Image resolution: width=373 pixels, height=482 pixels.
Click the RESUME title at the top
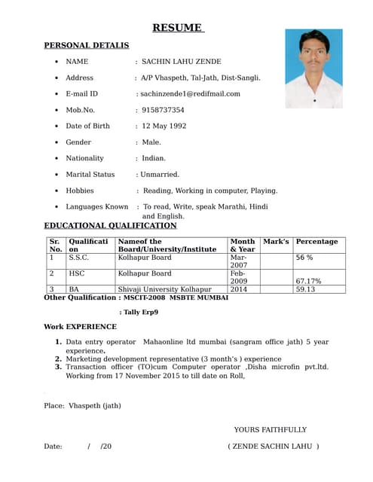pyautogui.click(x=178, y=28)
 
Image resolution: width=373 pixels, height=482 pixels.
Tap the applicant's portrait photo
pyautogui.click(x=313, y=68)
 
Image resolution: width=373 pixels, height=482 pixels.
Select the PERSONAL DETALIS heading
pyautogui.click(x=86, y=46)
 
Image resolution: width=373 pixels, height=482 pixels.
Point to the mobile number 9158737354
pyautogui.click(x=163, y=110)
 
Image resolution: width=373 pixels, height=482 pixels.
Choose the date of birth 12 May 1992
pyautogui.click(x=164, y=126)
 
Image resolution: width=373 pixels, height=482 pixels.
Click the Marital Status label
pyautogui.click(x=90, y=174)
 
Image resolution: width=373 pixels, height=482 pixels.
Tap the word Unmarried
pyautogui.click(x=158, y=174)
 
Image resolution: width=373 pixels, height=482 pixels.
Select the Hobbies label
pyautogui.click(x=80, y=191)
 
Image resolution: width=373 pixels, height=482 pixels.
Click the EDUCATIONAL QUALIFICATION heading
pyautogui.click(x=110, y=225)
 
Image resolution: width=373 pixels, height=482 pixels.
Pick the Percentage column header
pyautogui.click(x=316, y=242)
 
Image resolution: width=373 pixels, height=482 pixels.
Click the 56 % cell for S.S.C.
pyautogui.click(x=304, y=258)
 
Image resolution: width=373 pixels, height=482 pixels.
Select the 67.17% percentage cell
pyautogui.click(x=309, y=281)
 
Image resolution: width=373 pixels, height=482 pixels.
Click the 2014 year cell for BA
pyautogui.click(x=239, y=289)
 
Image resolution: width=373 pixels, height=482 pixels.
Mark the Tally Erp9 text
pyautogui.click(x=139, y=312)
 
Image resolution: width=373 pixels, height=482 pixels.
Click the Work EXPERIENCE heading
pyautogui.click(x=80, y=327)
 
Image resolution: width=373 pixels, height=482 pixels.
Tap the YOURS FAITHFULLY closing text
pyautogui.click(x=270, y=429)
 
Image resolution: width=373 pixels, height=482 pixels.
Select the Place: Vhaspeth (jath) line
pyautogui.click(x=82, y=406)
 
